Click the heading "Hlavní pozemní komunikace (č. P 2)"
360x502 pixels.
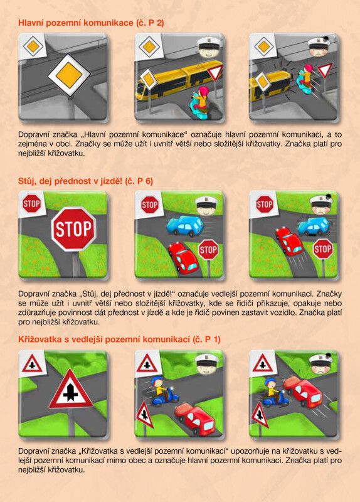(91, 23)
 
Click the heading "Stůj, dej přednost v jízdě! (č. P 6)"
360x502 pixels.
(85, 181)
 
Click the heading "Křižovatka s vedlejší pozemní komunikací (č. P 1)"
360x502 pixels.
(119, 339)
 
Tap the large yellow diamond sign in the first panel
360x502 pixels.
(69, 75)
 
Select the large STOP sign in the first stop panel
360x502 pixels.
(73, 228)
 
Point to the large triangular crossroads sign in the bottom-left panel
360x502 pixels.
(71, 389)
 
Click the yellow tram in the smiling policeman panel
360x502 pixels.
(179, 80)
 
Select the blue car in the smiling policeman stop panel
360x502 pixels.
(185, 225)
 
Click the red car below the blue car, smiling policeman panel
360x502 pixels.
(183, 258)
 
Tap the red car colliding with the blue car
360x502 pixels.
(289, 241)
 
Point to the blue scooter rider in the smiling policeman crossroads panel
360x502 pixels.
(163, 392)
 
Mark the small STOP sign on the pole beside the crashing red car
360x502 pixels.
(323, 248)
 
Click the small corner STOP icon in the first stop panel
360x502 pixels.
(32, 203)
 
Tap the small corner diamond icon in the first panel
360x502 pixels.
(33, 46)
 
